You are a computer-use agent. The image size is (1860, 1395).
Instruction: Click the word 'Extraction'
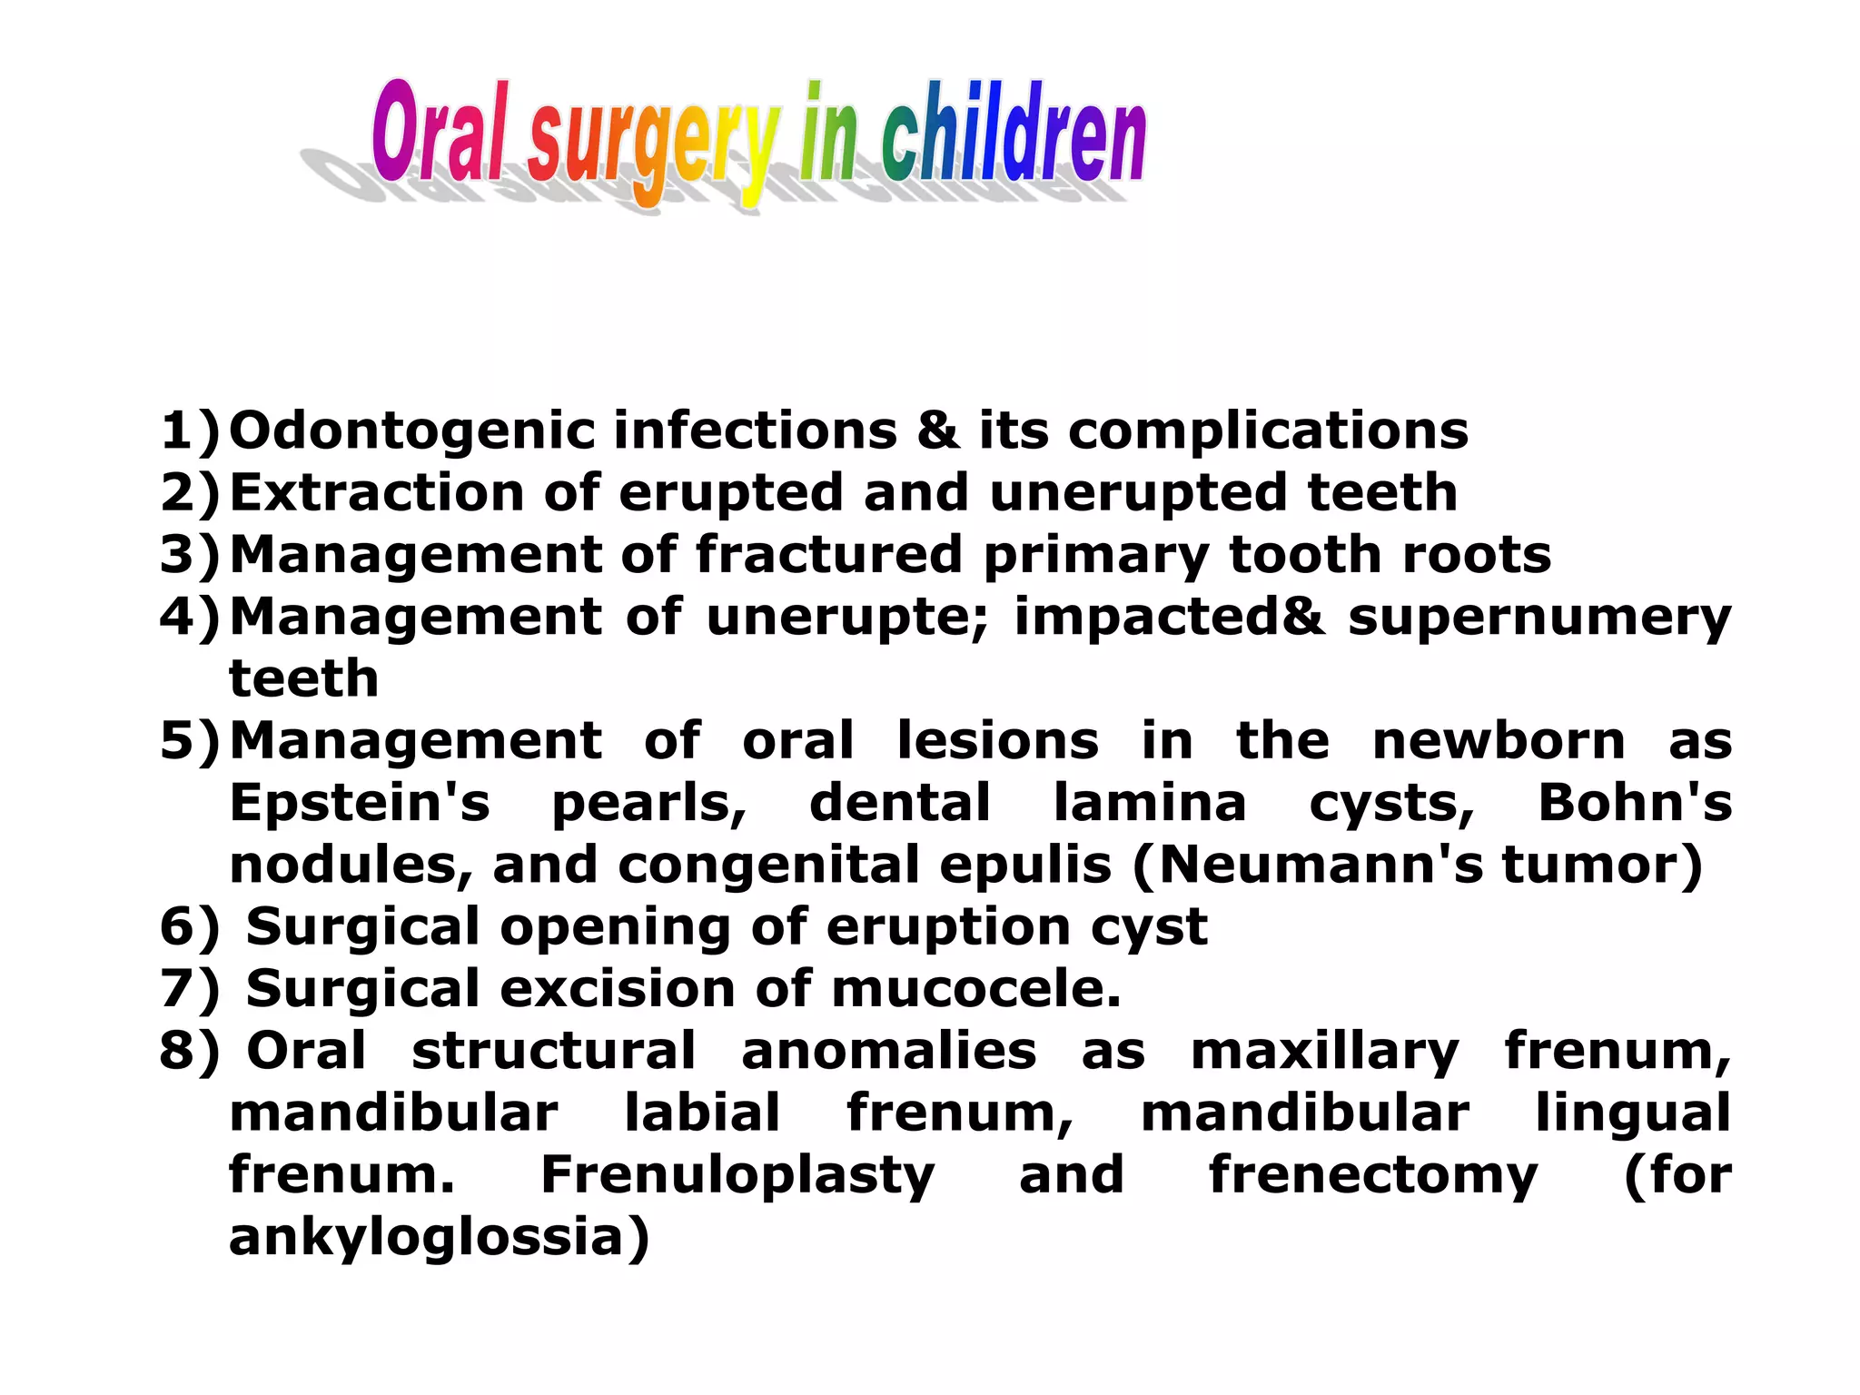pos(377,492)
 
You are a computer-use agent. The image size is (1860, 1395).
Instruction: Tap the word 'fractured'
pos(828,554)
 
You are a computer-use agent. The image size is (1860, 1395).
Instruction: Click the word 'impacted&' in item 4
pos(1169,618)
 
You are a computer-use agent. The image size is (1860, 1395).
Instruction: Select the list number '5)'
pos(190,740)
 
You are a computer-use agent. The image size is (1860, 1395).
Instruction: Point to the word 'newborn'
pos(1499,740)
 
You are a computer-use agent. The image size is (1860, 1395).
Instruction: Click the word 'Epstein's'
pos(360,804)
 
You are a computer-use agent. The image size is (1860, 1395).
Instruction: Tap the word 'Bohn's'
pos(1635,803)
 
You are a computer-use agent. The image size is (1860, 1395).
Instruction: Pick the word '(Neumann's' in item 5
pos(1308,865)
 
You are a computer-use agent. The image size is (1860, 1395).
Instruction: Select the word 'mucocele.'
pos(976,988)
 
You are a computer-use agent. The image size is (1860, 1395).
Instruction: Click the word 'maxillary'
pos(1324,1052)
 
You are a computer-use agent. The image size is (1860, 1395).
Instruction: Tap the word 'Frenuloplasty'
pos(737,1175)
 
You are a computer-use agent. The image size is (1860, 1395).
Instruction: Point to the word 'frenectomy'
pos(1373,1175)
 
